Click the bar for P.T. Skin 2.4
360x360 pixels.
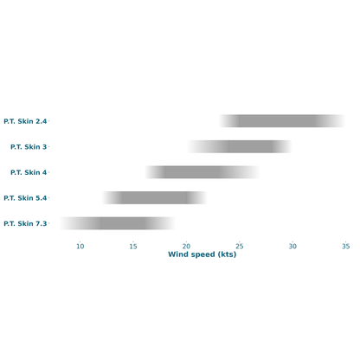pyautogui.click(x=282, y=121)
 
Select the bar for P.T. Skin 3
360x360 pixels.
pyautogui.click(x=240, y=146)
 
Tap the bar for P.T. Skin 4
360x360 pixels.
pyautogui.click(x=202, y=172)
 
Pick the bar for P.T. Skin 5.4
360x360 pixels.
pyautogui.click(x=155, y=197)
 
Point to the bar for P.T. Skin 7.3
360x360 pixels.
pyautogui.click(x=118, y=223)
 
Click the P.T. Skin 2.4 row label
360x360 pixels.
pyautogui.click(x=25, y=121)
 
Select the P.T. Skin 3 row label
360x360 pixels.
pyautogui.click(x=29, y=147)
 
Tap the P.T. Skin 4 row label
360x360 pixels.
pyautogui.click(x=29, y=172)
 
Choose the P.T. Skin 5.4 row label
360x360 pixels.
pyautogui.click(x=25, y=198)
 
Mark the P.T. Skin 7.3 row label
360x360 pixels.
pyautogui.click(x=25, y=223)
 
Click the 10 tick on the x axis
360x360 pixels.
pyautogui.click(x=80, y=247)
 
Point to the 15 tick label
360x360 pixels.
pyautogui.click(x=133, y=247)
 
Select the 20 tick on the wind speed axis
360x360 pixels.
pyautogui.click(x=186, y=247)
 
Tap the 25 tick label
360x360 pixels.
pyautogui.click(x=240, y=247)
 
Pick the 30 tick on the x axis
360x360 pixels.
pyautogui.click(x=292, y=247)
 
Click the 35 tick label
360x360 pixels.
pyautogui.click(x=345, y=247)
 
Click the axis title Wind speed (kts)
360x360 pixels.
pyautogui.click(x=202, y=254)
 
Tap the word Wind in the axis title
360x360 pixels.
pyautogui.click(x=178, y=254)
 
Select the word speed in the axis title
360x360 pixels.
pyautogui.click(x=202, y=254)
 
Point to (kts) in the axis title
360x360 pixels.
pyautogui.click(x=228, y=254)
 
